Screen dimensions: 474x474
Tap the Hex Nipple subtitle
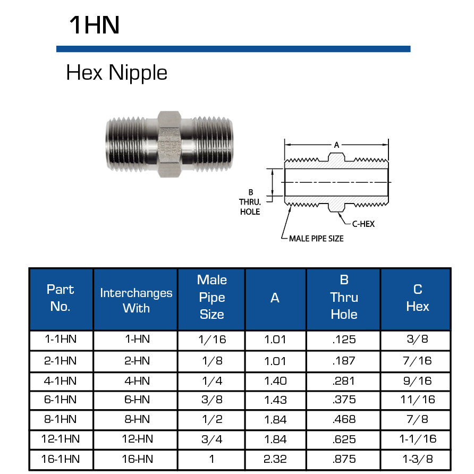pyautogui.click(x=116, y=73)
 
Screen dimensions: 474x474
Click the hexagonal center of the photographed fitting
pyautogui.click(x=170, y=142)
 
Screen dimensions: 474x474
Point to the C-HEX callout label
pyautogui.click(x=363, y=224)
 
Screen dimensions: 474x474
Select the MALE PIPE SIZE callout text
pyautogui.click(x=316, y=239)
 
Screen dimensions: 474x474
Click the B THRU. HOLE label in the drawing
pyautogui.click(x=249, y=202)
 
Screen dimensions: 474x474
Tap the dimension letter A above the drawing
pyautogui.click(x=336, y=144)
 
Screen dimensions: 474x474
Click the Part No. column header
pyautogui.click(x=61, y=298)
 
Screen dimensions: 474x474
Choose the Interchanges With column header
pyautogui.click(x=136, y=300)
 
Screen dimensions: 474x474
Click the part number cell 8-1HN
pyautogui.click(x=61, y=419)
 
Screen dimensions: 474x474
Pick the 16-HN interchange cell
pyautogui.click(x=136, y=459)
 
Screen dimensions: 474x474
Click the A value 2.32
pyautogui.click(x=275, y=459)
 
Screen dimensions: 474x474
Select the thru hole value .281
pyautogui.click(x=343, y=380)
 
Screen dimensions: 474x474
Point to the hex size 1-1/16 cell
pyautogui.click(x=417, y=439)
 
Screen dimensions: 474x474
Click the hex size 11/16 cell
pyautogui.click(x=417, y=400)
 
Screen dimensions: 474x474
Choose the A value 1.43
pyautogui.click(x=275, y=400)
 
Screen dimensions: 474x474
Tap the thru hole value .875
pyautogui.click(x=343, y=459)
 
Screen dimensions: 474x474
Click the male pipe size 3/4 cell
pyautogui.click(x=211, y=439)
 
